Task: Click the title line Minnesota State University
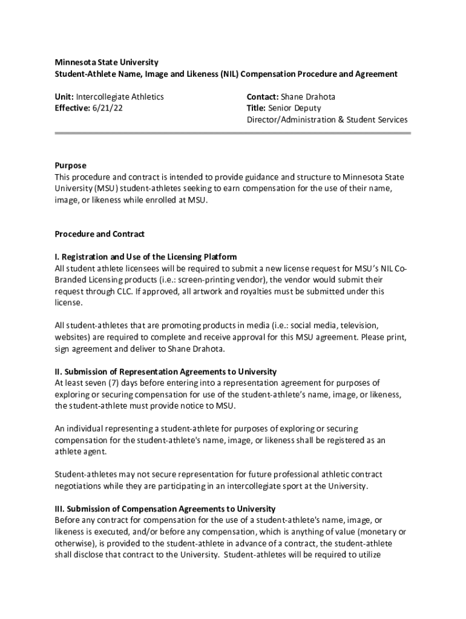point(107,62)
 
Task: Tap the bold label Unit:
point(64,97)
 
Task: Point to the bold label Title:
point(257,108)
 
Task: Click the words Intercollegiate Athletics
point(120,97)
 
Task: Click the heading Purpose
point(71,166)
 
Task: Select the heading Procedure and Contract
point(100,234)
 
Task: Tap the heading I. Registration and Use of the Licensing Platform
point(146,257)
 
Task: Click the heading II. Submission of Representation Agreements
point(166,371)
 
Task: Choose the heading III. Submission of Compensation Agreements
point(165,508)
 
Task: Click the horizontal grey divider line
point(233,133)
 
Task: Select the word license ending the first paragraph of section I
point(68,302)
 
